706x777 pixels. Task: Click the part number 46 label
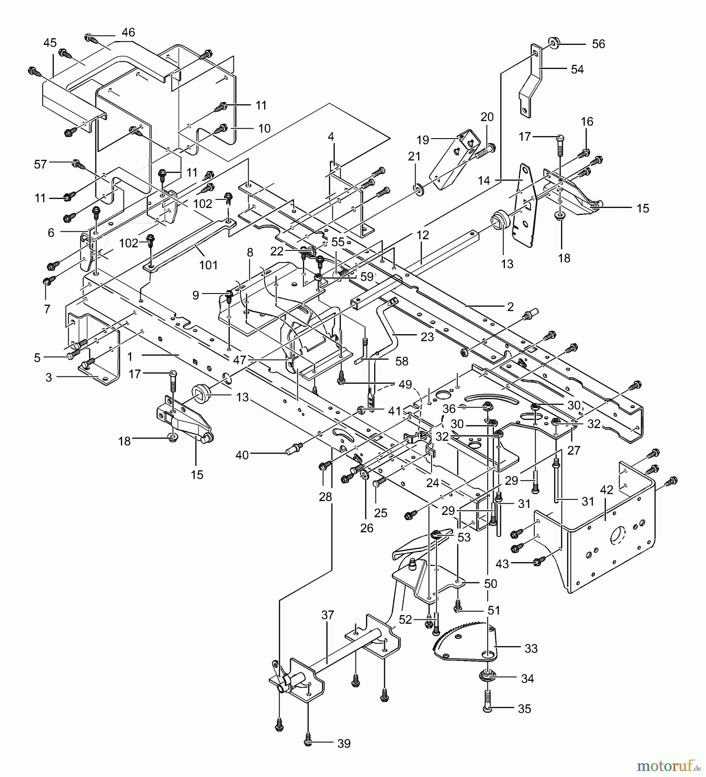(128, 32)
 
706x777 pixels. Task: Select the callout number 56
(598, 44)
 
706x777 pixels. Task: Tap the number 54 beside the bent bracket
(577, 69)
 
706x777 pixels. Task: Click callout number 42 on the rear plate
(606, 490)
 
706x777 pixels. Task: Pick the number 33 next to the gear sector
(531, 649)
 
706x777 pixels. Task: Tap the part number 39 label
(344, 744)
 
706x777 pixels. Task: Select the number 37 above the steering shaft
(328, 615)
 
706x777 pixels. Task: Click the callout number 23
(427, 337)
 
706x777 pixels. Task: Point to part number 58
(402, 361)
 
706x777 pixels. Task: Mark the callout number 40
(242, 455)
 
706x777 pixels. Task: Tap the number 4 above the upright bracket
(331, 137)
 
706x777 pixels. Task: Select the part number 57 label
(40, 164)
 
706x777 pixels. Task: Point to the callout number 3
(48, 378)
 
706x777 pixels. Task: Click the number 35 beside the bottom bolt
(524, 709)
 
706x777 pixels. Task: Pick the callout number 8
(250, 253)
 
